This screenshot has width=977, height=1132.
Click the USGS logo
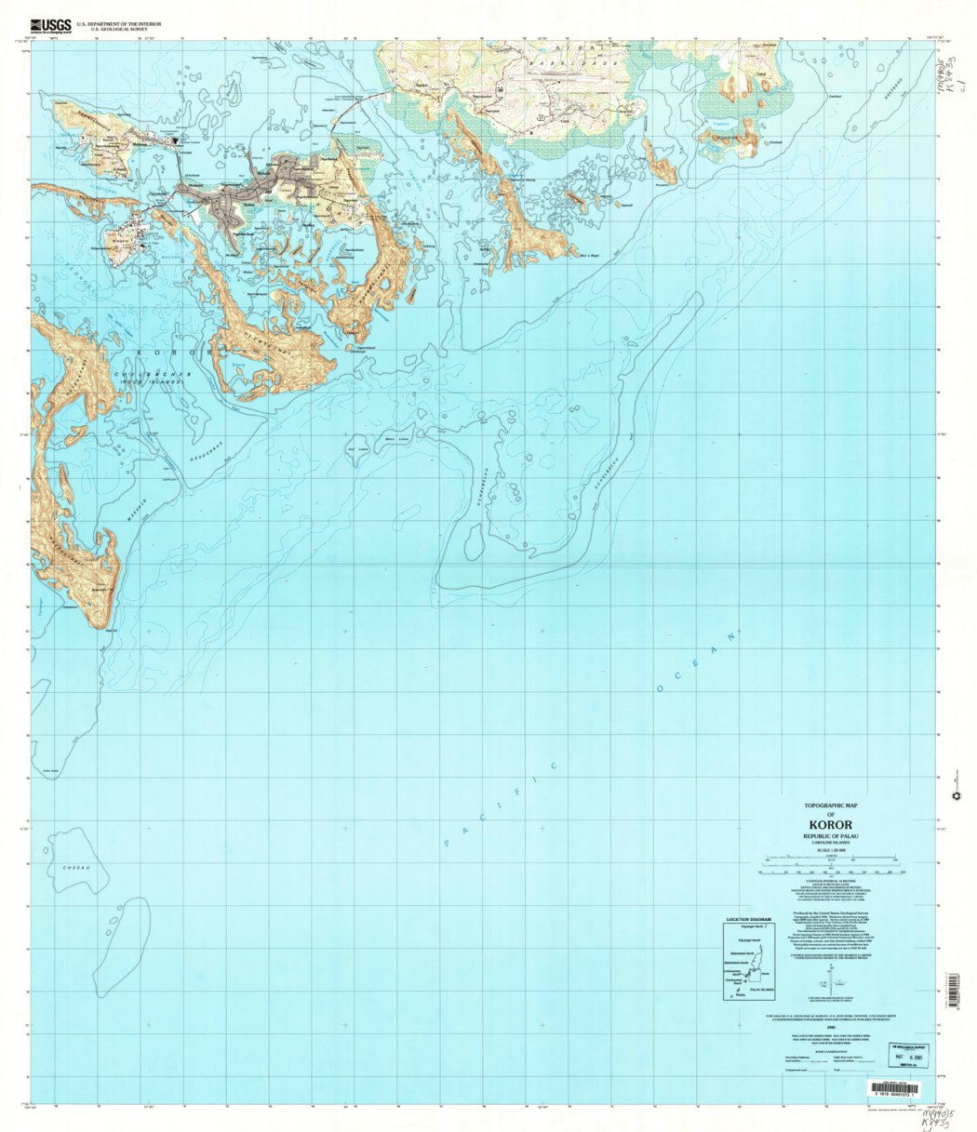[x=50, y=27]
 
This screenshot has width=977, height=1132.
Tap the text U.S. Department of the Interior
[x=118, y=22]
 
